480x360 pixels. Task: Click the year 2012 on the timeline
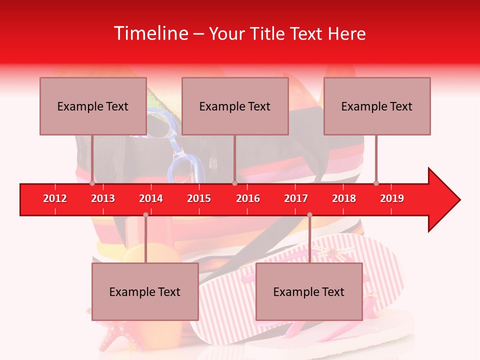click(x=55, y=198)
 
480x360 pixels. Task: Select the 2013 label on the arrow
click(x=103, y=198)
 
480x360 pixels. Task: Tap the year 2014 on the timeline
click(x=151, y=198)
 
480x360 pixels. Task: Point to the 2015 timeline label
click(x=199, y=198)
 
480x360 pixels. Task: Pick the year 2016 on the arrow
click(x=248, y=198)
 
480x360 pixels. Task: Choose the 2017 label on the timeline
click(x=296, y=198)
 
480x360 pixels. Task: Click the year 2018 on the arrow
click(x=344, y=198)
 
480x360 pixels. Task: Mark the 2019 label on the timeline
click(x=392, y=198)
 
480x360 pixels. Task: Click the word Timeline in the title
click(x=150, y=33)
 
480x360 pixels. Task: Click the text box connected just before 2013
click(x=93, y=106)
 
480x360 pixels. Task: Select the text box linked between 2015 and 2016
click(x=235, y=106)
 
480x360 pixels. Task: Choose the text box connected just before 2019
click(x=377, y=106)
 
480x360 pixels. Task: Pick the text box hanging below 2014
click(x=145, y=291)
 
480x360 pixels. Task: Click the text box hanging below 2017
click(x=309, y=291)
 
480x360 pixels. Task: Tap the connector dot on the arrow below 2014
click(x=145, y=214)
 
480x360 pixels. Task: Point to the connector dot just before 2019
click(x=376, y=183)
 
